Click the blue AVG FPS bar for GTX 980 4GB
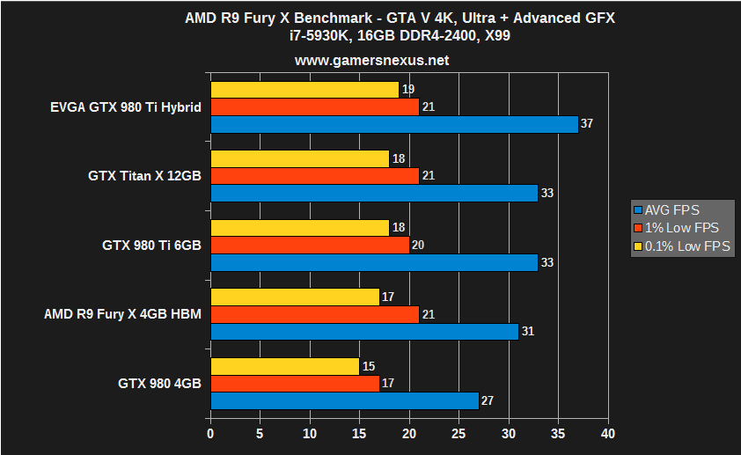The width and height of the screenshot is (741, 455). pos(344,400)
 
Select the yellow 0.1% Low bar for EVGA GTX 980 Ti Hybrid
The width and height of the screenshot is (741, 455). pos(304,90)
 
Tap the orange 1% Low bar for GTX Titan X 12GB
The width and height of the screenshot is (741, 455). pos(314,176)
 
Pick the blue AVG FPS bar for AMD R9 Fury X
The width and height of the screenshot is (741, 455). pos(364,332)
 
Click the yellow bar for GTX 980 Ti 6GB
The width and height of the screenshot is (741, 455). pos(299,228)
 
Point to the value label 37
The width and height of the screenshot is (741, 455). pos(587,124)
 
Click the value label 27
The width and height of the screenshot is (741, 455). pos(488,401)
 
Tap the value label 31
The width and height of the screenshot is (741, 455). pos(527,332)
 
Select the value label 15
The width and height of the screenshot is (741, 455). pos(368,366)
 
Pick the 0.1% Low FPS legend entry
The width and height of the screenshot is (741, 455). pos(683,246)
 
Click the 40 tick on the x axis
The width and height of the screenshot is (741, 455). pos(607,434)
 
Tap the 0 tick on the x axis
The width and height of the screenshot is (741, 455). pos(210,434)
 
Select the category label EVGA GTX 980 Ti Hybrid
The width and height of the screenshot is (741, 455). pos(126,107)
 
